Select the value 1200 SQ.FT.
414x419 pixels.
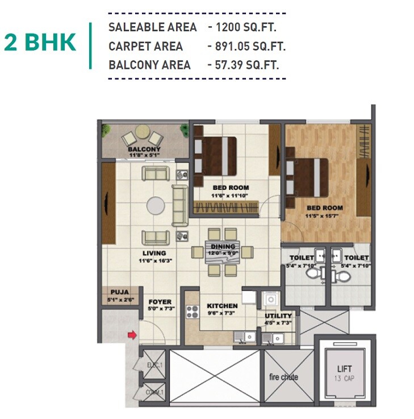tap(246, 27)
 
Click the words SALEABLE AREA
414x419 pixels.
tap(152, 27)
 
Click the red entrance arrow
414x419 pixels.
tap(131, 336)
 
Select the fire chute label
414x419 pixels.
tap(283, 377)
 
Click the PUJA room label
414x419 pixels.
tap(120, 294)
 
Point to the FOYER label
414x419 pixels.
tap(160, 302)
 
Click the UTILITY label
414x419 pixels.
tap(278, 316)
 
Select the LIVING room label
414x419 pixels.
tap(154, 253)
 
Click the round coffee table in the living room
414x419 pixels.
tap(156, 205)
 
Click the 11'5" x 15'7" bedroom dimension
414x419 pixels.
tap(324, 215)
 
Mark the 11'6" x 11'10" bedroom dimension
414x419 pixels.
tap(231, 195)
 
